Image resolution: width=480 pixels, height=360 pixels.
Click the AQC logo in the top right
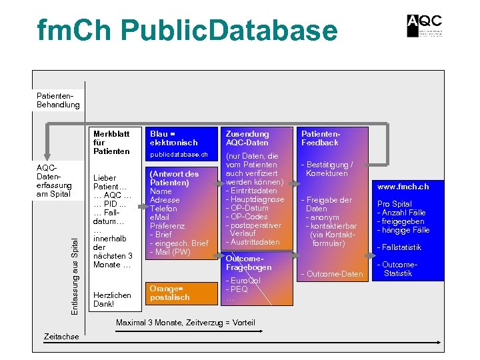coord(424,26)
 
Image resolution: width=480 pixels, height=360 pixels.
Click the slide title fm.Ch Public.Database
coord(187,31)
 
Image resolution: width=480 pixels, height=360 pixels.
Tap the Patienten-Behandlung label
coord(58,100)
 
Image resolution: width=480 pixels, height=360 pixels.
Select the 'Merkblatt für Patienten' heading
coord(111,142)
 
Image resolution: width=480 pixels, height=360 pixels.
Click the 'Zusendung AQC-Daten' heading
coord(247,138)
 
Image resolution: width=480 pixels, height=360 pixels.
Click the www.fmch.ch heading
coord(403,187)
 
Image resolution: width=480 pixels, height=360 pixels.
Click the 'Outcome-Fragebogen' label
coord(249,263)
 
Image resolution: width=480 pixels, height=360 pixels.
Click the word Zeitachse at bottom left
coord(61,337)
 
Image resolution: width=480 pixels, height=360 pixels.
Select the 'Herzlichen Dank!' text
coord(113,299)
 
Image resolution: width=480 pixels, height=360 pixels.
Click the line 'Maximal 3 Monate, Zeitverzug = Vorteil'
coord(185,323)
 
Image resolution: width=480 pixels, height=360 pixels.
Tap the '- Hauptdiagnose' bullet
coord(255,199)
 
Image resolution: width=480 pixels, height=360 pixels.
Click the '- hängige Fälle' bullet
coord(403,230)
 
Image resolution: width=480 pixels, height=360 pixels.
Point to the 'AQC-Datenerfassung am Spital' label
coord(54,181)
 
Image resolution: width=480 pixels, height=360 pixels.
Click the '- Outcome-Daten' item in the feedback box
coord(333,274)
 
